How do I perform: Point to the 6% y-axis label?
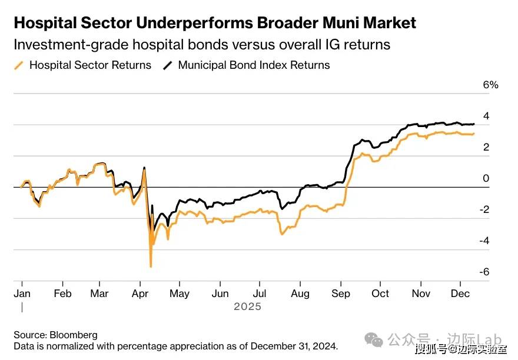[x=490, y=85]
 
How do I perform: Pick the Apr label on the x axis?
[x=140, y=294]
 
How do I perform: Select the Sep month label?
[x=340, y=294]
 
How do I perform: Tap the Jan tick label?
[x=22, y=294]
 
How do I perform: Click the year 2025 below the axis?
[x=247, y=307]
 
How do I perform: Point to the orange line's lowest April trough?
[x=151, y=266]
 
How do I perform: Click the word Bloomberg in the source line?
[x=75, y=335]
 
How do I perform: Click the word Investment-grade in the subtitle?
[x=65, y=45]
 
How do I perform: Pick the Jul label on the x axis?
[x=260, y=294]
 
